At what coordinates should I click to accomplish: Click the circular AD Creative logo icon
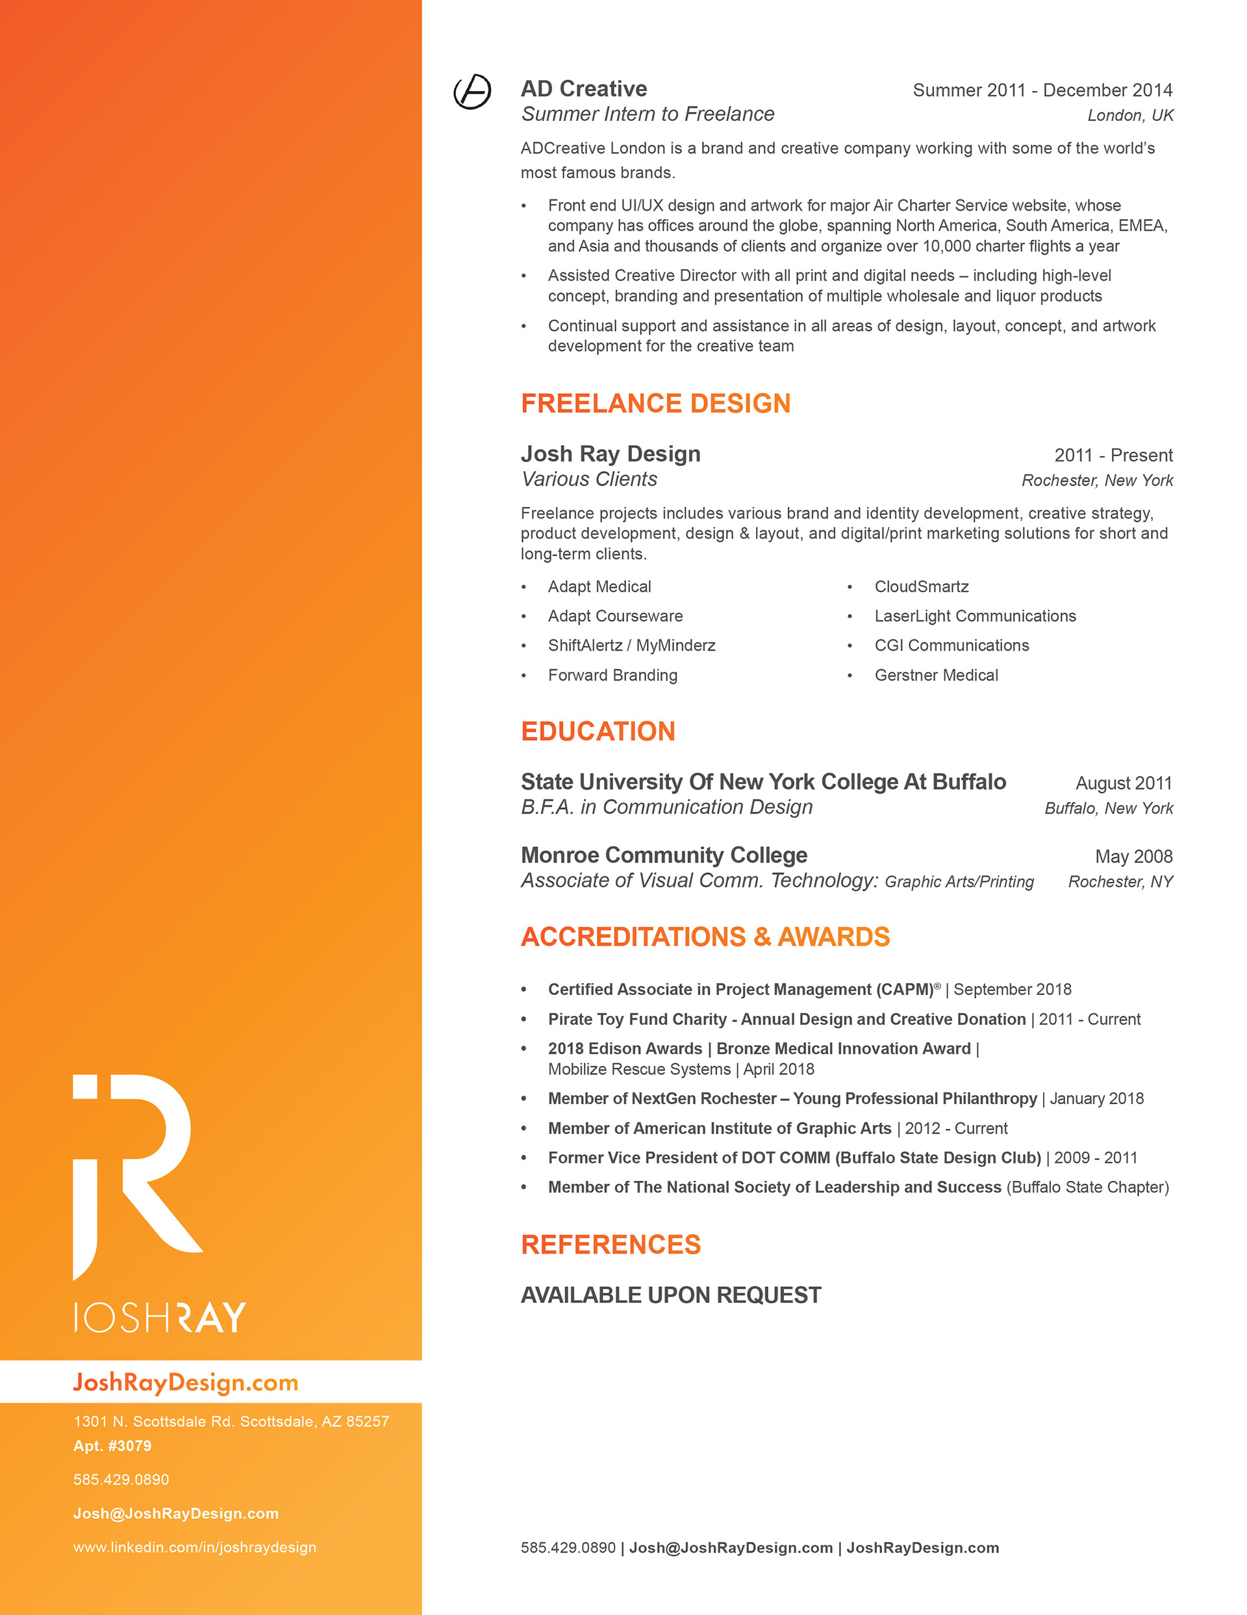[x=472, y=92]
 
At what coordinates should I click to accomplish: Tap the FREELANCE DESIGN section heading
[x=656, y=404]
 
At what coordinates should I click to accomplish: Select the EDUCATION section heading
[x=598, y=731]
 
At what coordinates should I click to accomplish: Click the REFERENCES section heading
[x=611, y=1245]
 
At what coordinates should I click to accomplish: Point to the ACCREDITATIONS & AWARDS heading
[x=705, y=937]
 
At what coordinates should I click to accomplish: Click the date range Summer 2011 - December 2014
[x=1042, y=90]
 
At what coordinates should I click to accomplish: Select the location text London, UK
[x=1130, y=116]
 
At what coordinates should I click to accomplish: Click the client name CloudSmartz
[x=921, y=586]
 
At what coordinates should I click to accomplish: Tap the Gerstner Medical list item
[x=936, y=675]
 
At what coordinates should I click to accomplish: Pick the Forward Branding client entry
[x=612, y=675]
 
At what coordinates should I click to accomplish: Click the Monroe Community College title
[x=664, y=855]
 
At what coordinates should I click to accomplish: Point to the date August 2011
[x=1124, y=783]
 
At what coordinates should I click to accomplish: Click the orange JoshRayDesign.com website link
[x=186, y=1382]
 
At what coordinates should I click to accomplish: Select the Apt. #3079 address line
[x=112, y=1445]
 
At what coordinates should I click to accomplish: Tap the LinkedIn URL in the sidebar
[x=194, y=1547]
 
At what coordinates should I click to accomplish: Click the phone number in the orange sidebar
[x=121, y=1480]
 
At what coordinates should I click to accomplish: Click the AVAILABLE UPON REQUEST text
[x=670, y=1295]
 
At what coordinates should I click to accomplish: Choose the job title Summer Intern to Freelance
[x=648, y=114]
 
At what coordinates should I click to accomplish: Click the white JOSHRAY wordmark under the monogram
[x=160, y=1317]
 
